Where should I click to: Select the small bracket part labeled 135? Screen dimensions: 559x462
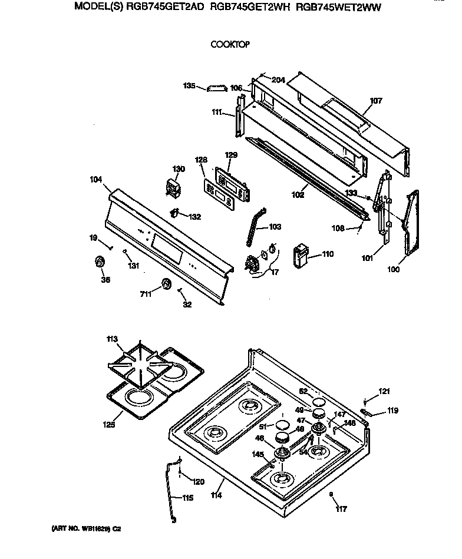click(x=217, y=88)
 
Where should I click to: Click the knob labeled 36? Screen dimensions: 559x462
click(x=100, y=262)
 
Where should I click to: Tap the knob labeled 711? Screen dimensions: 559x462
click(x=167, y=285)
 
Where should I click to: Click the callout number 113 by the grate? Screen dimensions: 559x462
click(x=112, y=339)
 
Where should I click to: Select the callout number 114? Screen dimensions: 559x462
click(x=216, y=496)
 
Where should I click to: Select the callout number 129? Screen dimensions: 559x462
click(x=231, y=155)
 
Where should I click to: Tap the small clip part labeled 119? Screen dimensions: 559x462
click(x=365, y=412)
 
